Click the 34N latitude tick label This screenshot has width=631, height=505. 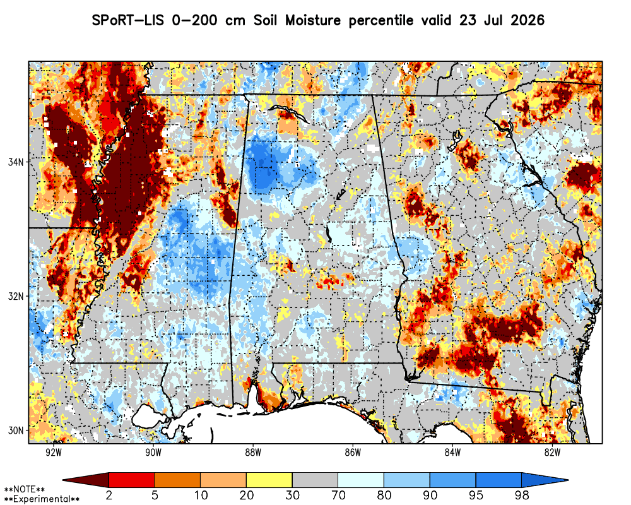(x=16, y=162)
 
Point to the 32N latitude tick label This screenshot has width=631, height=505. (x=16, y=296)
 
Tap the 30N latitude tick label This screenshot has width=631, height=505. (x=16, y=431)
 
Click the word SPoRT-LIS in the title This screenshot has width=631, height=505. (x=128, y=20)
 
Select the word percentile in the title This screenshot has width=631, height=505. (x=380, y=21)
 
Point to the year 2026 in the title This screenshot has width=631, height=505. (x=527, y=20)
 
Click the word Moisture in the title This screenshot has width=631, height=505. (x=313, y=20)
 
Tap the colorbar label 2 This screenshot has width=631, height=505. (x=109, y=495)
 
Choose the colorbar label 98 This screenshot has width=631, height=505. (x=521, y=495)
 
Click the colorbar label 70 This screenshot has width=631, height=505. (x=338, y=495)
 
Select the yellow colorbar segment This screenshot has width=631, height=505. (x=269, y=480)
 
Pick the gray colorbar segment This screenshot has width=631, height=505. (x=315, y=480)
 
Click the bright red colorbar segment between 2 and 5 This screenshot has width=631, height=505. (x=132, y=480)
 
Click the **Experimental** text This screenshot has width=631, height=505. (x=42, y=499)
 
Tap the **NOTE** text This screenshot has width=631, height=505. (x=25, y=490)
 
